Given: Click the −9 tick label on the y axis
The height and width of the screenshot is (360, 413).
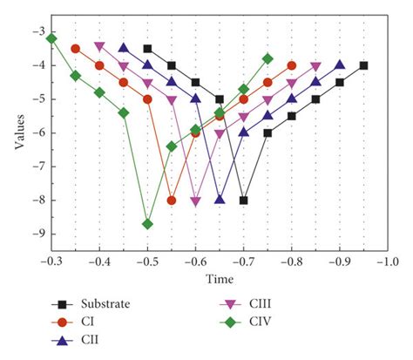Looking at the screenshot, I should pyautogui.click(x=37, y=234).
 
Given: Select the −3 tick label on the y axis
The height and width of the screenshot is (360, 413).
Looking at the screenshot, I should pyautogui.click(x=37, y=31).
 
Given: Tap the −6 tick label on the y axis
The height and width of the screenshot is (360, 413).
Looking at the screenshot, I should pyautogui.click(x=37, y=132).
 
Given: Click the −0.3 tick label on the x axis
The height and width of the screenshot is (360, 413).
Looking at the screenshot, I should pyautogui.click(x=51, y=261).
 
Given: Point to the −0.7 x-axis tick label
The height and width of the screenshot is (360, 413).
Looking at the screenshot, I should pyautogui.click(x=244, y=261).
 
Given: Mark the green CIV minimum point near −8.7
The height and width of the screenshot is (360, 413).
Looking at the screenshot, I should pyautogui.click(x=147, y=224).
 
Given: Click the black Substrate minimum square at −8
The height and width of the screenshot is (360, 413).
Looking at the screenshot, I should pyautogui.click(x=244, y=200).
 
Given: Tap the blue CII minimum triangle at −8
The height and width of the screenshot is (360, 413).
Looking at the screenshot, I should pyautogui.click(x=220, y=200).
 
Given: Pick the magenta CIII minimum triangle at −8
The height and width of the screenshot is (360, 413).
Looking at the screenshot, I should pyautogui.click(x=196, y=200).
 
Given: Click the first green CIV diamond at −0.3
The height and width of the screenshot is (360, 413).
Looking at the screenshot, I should pyautogui.click(x=51, y=38).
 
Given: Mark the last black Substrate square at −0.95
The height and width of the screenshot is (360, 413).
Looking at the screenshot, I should pyautogui.click(x=363, y=65).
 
